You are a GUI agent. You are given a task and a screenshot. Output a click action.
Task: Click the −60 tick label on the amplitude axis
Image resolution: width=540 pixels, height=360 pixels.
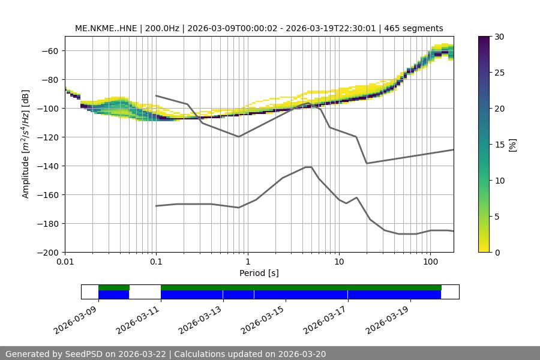click(x=50, y=50)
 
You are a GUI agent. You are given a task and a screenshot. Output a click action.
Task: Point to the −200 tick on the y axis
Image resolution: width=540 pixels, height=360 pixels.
click(x=48, y=252)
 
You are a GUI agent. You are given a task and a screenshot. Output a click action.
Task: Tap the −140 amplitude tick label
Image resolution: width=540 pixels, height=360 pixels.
click(x=48, y=166)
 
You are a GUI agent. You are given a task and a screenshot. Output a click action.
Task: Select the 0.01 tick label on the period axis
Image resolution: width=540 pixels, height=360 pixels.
click(x=65, y=262)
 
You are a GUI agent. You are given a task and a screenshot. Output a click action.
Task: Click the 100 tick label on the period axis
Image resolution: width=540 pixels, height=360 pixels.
click(x=430, y=262)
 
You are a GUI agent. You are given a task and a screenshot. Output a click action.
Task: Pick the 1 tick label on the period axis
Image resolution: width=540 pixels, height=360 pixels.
click(x=247, y=262)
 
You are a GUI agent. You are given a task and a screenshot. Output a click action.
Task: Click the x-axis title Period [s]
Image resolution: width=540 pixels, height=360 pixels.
click(x=259, y=273)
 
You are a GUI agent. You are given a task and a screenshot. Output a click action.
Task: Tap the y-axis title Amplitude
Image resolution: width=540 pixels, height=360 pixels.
click(x=26, y=144)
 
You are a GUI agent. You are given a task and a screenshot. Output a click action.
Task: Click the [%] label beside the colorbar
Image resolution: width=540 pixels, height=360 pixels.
click(x=512, y=145)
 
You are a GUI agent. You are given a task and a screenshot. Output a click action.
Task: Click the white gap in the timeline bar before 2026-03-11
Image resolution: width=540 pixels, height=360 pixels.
click(x=145, y=292)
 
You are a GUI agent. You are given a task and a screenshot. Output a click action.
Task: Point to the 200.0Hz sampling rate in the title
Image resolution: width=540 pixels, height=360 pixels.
click(x=160, y=28)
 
